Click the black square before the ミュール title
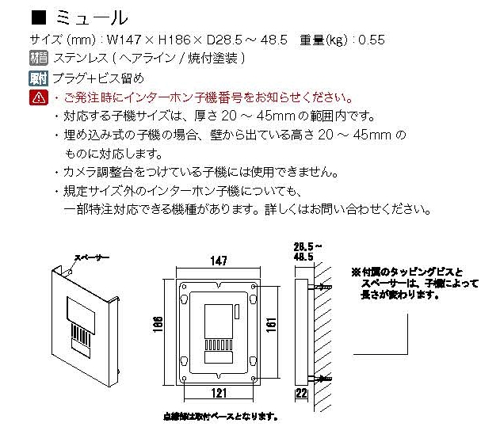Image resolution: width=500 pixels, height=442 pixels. [x=39, y=17]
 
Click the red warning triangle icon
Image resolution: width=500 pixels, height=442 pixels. [x=39, y=97]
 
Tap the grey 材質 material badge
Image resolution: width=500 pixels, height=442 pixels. [x=39, y=58]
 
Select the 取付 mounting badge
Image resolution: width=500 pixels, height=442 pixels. [x=38, y=78]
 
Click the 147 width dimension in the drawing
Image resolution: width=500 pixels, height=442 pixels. [x=219, y=261]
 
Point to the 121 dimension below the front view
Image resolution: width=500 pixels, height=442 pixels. [x=219, y=393]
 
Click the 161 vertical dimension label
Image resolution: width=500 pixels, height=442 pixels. [x=271, y=326]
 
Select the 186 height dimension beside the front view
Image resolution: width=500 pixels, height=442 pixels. [x=158, y=325]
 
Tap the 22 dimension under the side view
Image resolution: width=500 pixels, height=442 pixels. [x=301, y=393]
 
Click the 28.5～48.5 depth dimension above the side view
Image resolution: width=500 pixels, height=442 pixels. [x=307, y=251]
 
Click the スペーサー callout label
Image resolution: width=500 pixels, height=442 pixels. [x=92, y=257]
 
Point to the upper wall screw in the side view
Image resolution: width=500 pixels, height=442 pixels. [x=320, y=287]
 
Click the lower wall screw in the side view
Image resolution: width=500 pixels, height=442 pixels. [x=320, y=379]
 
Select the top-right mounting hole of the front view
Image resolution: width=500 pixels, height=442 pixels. [x=254, y=287]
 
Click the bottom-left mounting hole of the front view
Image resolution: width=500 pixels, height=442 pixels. [x=185, y=379]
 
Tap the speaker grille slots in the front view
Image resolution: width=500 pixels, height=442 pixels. [x=219, y=345]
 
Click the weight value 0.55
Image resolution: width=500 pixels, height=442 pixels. [x=372, y=40]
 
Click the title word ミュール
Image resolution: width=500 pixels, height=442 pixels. [x=92, y=18]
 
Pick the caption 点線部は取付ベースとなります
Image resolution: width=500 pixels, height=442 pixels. [x=220, y=416]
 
